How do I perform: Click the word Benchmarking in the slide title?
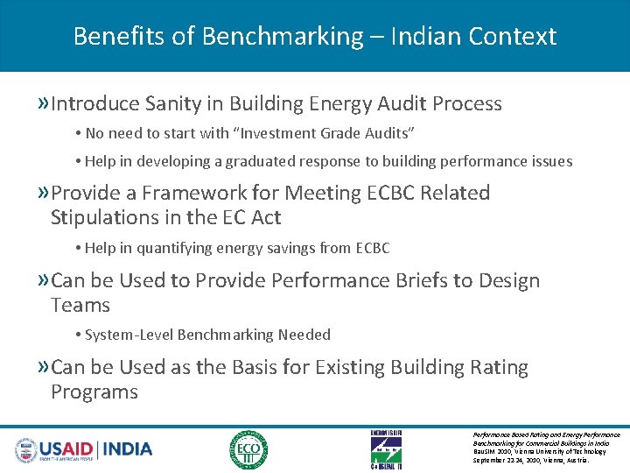point(282,37)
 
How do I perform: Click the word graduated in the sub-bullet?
point(267,161)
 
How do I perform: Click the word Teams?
point(80,306)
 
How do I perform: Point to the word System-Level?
point(129,335)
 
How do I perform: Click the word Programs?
point(94,392)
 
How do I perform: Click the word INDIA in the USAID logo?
point(128,449)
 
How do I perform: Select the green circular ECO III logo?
point(248,449)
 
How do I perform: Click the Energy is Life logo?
point(387,449)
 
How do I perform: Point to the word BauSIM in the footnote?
point(484,452)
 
